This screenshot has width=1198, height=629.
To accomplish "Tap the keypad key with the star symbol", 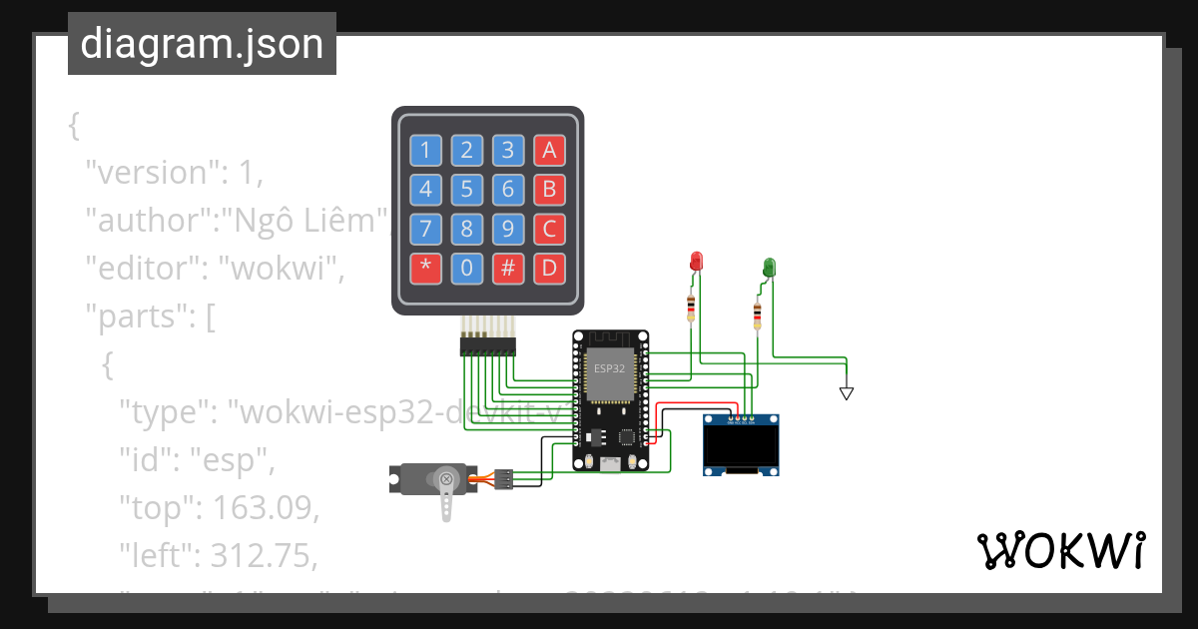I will [425, 268].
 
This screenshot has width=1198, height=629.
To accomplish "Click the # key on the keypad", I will [507, 268].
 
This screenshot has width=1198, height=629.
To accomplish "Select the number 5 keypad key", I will [466, 190].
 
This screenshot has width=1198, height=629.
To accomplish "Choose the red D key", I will [548, 268].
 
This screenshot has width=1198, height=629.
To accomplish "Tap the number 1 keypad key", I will [425, 151].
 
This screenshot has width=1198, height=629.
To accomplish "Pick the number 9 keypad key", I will [507, 229].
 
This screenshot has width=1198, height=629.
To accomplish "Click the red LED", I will [697, 262].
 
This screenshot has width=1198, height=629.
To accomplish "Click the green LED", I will [769, 267].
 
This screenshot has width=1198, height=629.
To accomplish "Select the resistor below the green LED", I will [757, 316].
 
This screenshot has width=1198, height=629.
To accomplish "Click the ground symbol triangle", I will [847, 393].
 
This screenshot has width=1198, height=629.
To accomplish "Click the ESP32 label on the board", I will [609, 367].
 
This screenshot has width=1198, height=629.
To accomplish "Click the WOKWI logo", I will [1060, 551].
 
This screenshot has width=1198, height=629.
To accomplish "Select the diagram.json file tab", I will [202, 44].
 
